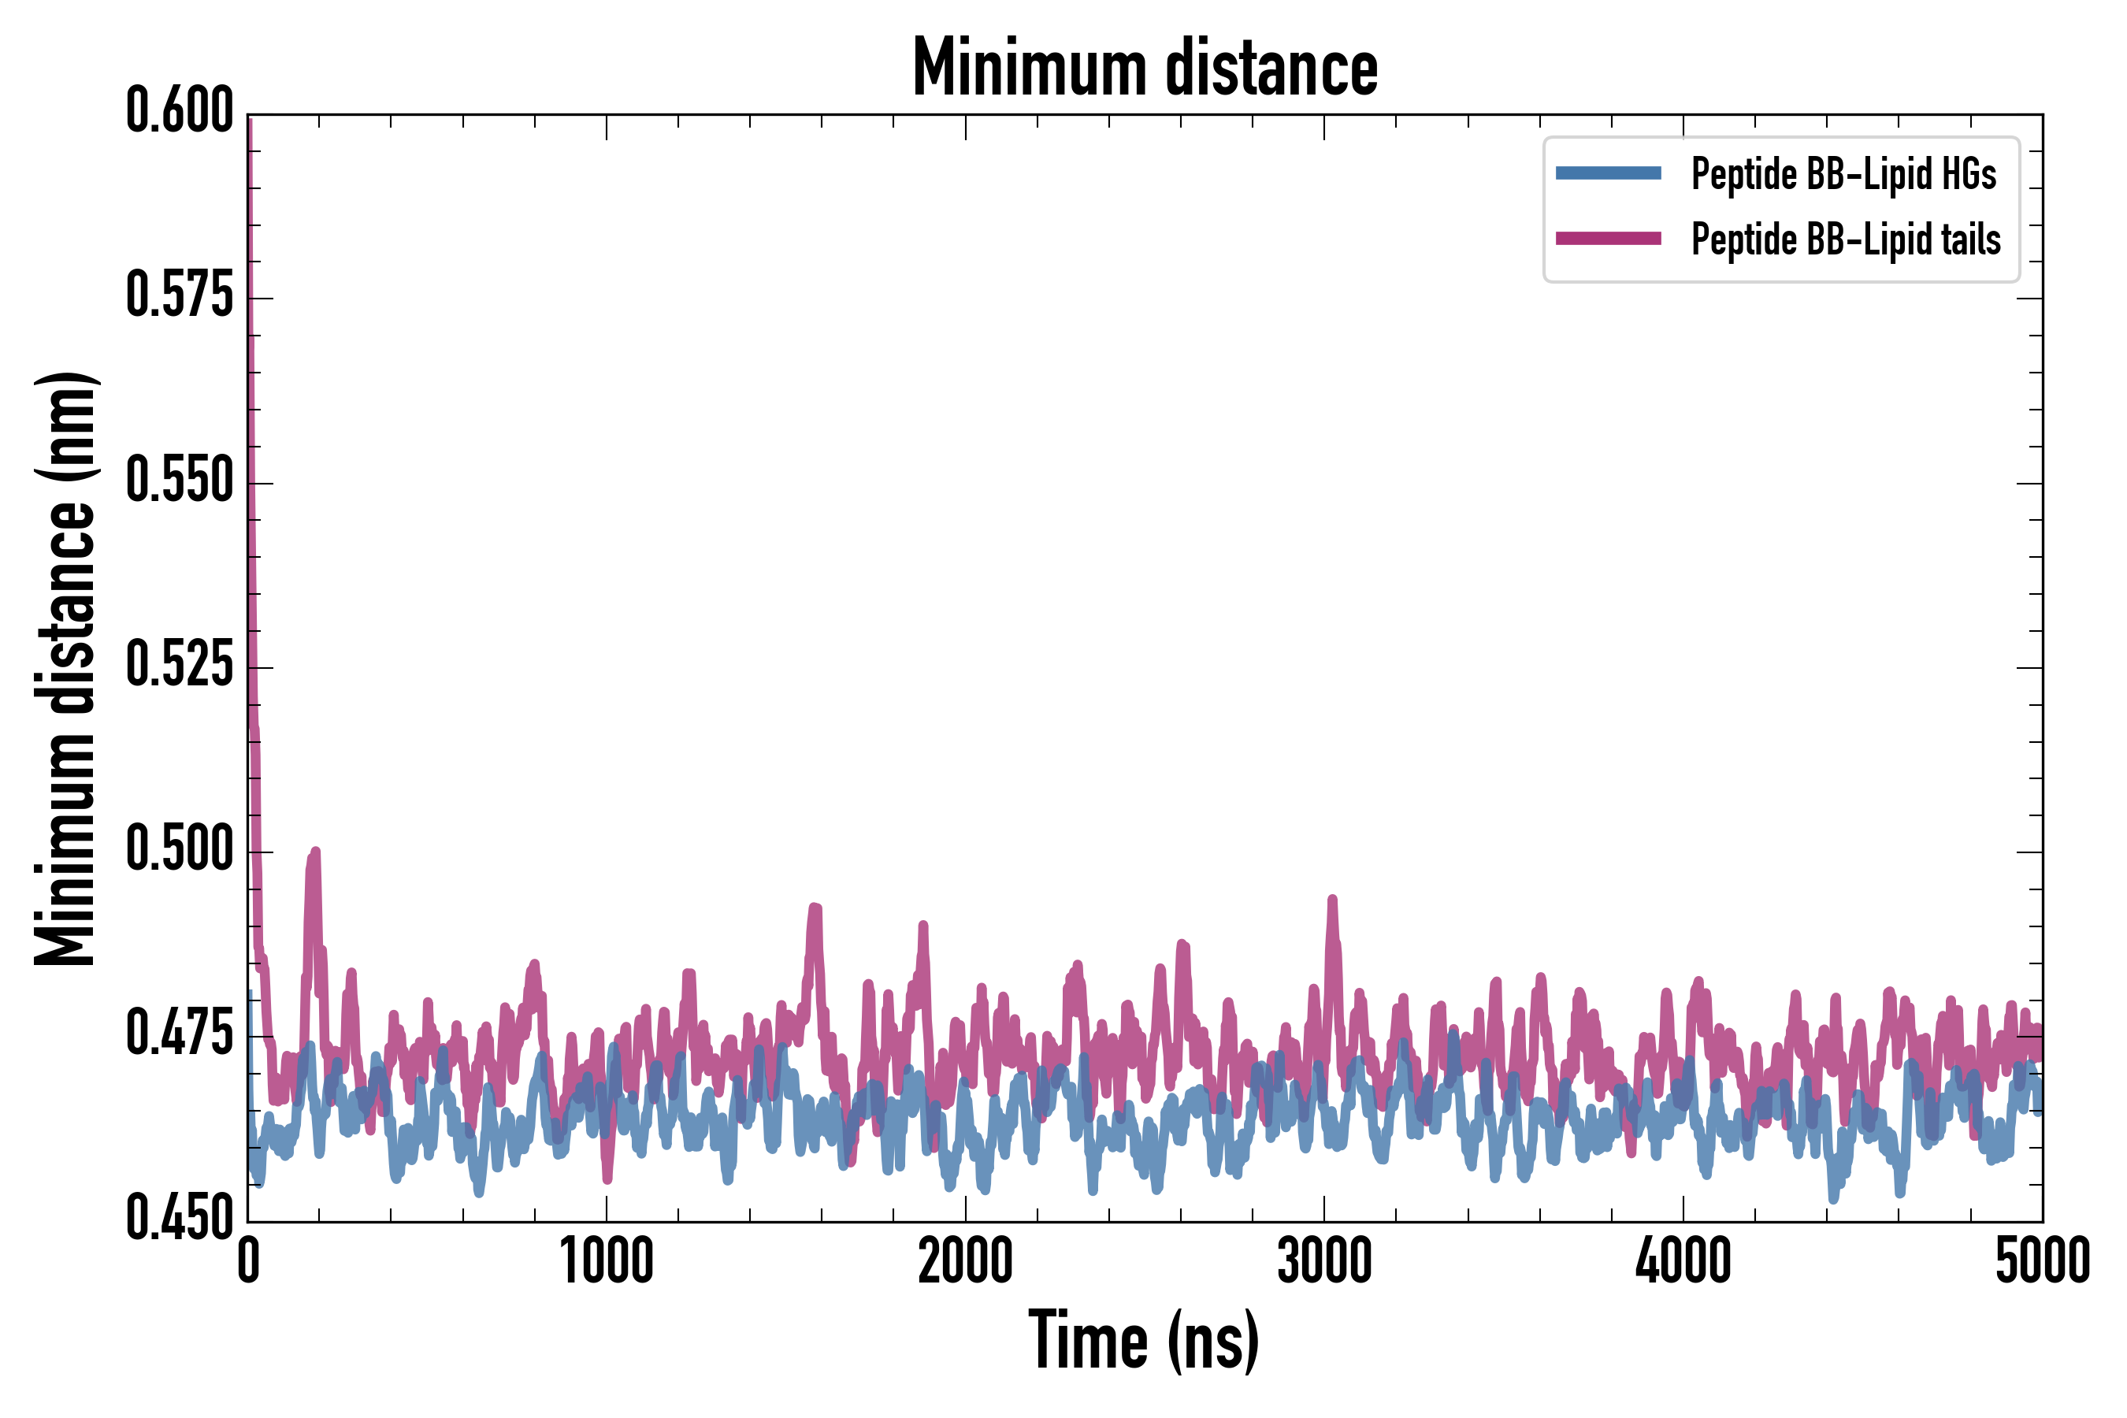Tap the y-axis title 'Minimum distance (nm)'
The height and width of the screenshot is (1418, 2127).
[x=65, y=668]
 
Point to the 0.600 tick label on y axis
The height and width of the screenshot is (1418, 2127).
[x=180, y=111]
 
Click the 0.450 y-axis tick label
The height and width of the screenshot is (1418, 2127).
[x=180, y=1218]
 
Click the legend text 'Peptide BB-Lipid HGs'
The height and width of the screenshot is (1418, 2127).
[x=1843, y=173]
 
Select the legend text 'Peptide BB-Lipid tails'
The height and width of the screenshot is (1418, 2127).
[x=1846, y=239]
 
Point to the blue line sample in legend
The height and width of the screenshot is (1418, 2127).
[x=1608, y=173]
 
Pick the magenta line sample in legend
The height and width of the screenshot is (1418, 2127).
[x=1608, y=239]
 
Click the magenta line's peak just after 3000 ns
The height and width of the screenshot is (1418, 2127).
[x=1332, y=900]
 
